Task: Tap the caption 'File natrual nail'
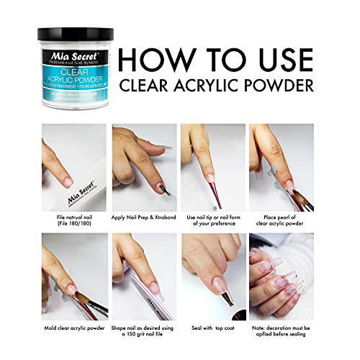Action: tap(73, 218)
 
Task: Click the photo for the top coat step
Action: tap(213, 276)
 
